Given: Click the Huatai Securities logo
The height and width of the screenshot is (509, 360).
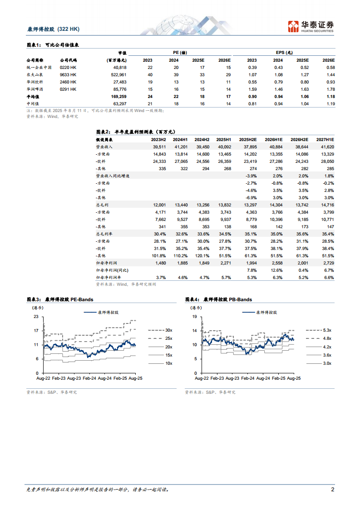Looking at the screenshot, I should (x=311, y=27).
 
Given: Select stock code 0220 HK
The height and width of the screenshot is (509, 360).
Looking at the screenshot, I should (x=68, y=67).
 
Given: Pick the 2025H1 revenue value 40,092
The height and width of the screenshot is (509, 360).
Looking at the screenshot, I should (x=223, y=147).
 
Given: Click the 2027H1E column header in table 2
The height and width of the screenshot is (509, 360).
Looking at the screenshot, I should (x=325, y=139).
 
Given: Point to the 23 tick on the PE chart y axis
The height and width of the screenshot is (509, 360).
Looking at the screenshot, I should (x=36, y=317).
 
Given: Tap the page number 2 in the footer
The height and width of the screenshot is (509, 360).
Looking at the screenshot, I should (x=332, y=489).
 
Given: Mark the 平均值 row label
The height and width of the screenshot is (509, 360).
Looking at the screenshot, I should (x=33, y=97).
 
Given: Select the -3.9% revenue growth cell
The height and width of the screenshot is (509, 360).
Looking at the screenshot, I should (x=251, y=176).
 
